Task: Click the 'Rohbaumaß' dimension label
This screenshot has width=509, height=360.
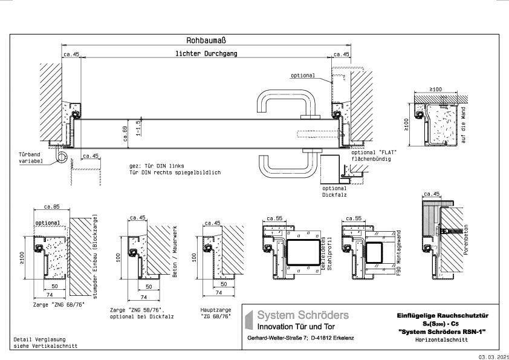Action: click(x=206, y=40)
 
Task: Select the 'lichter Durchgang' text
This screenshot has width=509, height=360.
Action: click(x=206, y=54)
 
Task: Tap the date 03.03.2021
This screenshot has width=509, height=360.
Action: click(x=493, y=357)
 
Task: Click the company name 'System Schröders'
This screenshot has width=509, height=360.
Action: click(x=303, y=315)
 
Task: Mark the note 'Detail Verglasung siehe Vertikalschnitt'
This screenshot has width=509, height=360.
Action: click(x=39, y=343)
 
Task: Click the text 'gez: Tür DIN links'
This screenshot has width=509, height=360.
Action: click(x=156, y=165)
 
